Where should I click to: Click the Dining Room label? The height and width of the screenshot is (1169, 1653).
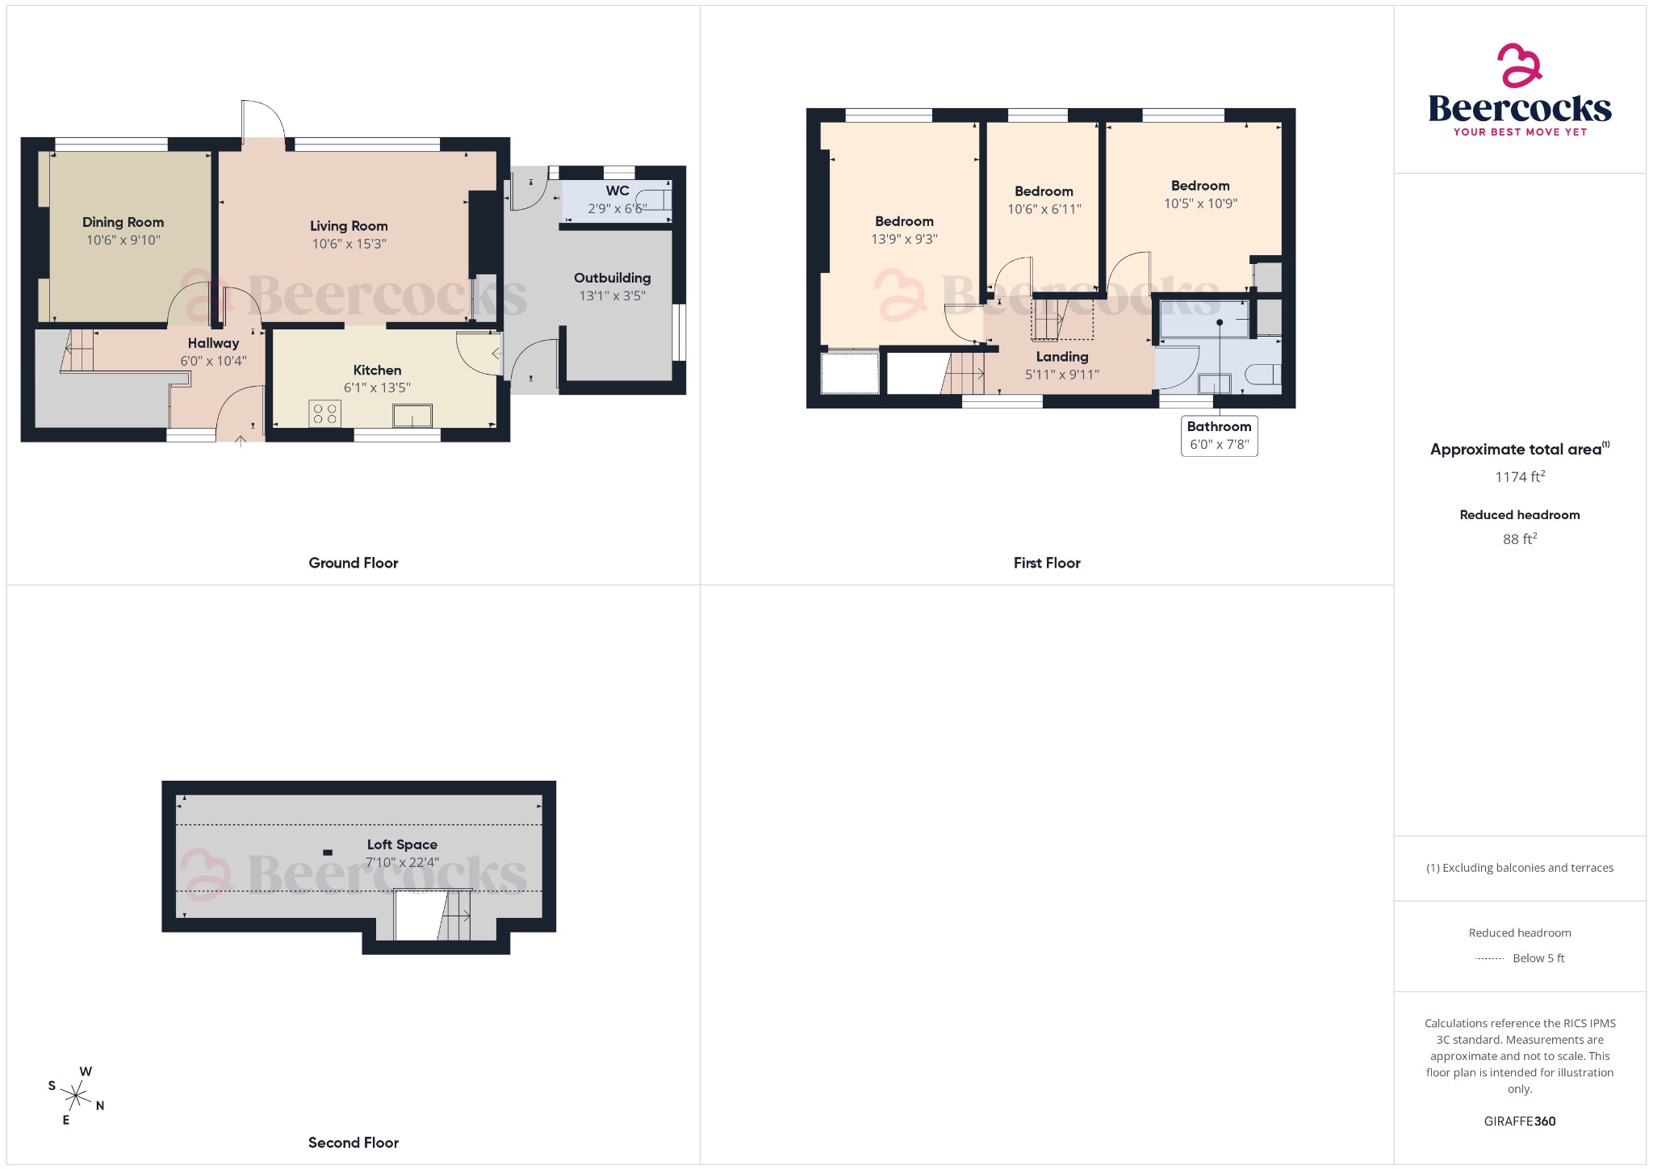pyautogui.click(x=123, y=222)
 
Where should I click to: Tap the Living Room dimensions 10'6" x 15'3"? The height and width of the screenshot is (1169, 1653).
pyautogui.click(x=349, y=244)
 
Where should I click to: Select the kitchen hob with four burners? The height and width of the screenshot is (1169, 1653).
pyautogui.click(x=324, y=414)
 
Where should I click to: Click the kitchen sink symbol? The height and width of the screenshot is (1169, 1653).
pyautogui.click(x=412, y=416)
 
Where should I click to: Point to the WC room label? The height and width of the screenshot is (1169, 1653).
pyautogui.click(x=617, y=191)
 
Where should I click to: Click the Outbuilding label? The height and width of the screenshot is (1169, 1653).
pyautogui.click(x=612, y=278)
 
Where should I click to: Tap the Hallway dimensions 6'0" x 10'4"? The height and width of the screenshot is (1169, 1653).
pyautogui.click(x=213, y=361)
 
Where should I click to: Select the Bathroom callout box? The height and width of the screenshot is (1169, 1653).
pyautogui.click(x=1219, y=435)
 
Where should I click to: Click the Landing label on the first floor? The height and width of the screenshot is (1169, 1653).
pyautogui.click(x=1061, y=357)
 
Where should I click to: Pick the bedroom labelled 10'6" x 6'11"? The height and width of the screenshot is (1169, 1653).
pyautogui.click(x=1044, y=200)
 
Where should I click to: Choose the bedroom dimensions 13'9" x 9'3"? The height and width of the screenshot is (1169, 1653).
pyautogui.click(x=904, y=239)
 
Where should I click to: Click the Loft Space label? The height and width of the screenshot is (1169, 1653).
pyautogui.click(x=402, y=844)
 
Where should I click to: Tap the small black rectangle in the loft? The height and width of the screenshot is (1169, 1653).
pyautogui.click(x=328, y=853)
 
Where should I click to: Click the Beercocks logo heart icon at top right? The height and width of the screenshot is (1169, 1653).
pyautogui.click(x=1520, y=65)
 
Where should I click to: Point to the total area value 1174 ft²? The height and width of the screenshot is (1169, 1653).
pyautogui.click(x=1519, y=477)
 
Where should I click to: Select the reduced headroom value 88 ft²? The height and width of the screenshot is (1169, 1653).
pyautogui.click(x=1519, y=539)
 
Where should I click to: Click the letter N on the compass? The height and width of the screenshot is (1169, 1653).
pyautogui.click(x=100, y=1106)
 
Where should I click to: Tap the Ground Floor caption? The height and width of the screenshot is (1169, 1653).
pyautogui.click(x=353, y=563)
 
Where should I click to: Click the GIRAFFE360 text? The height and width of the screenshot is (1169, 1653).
pyautogui.click(x=1519, y=1121)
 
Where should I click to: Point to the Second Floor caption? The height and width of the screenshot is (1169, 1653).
pyautogui.click(x=353, y=1142)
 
